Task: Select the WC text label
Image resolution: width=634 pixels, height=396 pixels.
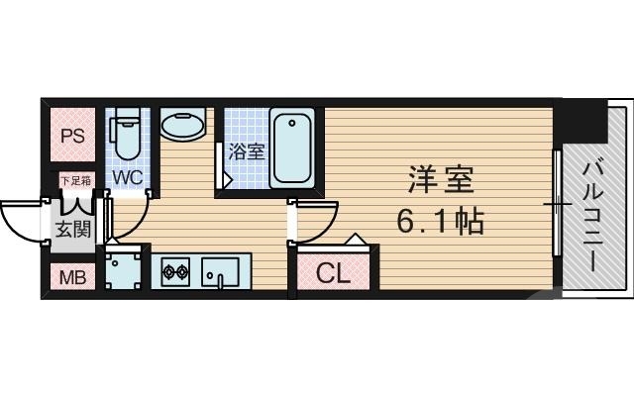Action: tap(127, 177)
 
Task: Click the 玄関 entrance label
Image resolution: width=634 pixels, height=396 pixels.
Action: tap(67, 232)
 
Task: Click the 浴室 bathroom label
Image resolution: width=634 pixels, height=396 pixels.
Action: tap(246, 151)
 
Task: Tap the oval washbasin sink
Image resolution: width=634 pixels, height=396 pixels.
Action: tap(183, 128)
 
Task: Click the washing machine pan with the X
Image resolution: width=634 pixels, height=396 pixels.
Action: tap(125, 270)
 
